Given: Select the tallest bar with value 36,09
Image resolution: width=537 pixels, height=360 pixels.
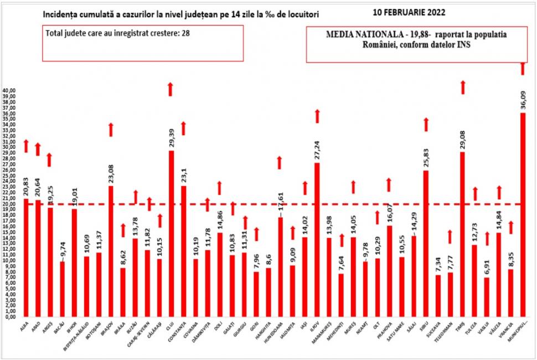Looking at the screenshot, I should click(x=523, y=216).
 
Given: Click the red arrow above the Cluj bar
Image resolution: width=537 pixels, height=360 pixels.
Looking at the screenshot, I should click(x=171, y=89).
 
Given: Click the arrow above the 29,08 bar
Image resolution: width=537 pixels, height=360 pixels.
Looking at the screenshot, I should click(x=462, y=87).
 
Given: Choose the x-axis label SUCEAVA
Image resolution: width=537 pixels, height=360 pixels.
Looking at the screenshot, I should click(x=437, y=333).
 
